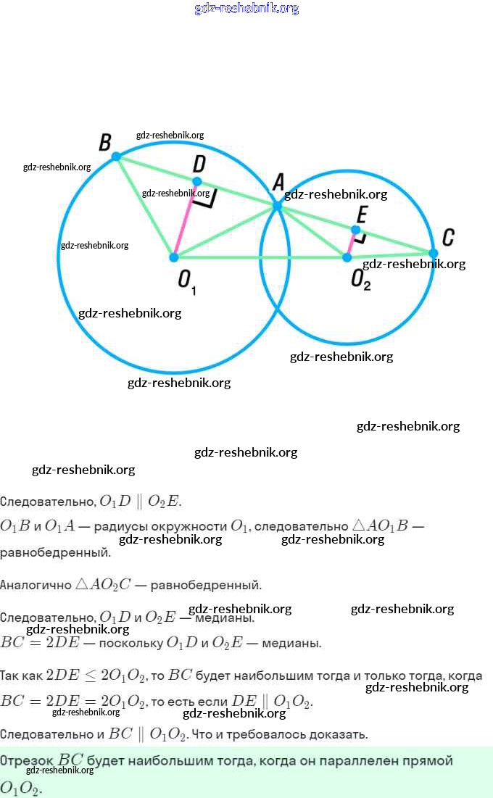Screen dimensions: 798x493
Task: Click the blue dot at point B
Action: (116, 156)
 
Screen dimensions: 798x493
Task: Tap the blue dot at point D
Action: (196, 181)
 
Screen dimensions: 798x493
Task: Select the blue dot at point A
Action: (277, 207)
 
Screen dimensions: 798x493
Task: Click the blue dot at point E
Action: (355, 230)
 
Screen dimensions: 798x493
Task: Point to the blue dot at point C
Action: (433, 253)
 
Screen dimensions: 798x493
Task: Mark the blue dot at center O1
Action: (174, 257)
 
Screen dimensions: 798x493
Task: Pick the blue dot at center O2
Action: (347, 257)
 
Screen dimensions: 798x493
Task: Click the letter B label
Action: (105, 141)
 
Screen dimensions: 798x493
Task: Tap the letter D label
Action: (199, 164)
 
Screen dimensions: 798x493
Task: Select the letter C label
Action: (448, 237)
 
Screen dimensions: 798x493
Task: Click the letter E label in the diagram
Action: (362, 214)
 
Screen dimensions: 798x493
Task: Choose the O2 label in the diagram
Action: (360, 280)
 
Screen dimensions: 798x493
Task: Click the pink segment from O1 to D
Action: (186, 219)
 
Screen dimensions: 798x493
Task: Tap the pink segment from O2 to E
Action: (351, 244)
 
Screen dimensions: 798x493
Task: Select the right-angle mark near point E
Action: (360, 236)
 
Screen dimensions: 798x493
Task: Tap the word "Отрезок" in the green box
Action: (27, 760)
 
